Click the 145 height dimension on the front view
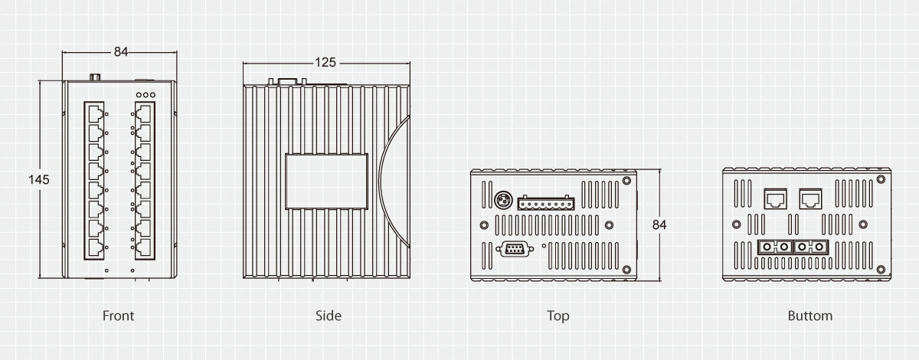pyautogui.click(x=39, y=180)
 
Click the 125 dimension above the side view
pyautogui.click(x=325, y=62)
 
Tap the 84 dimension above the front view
pyautogui.click(x=121, y=52)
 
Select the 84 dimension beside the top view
pyautogui.click(x=659, y=225)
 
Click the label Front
pyautogui.click(x=118, y=316)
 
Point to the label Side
pyautogui.click(x=329, y=316)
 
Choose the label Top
pyautogui.click(x=558, y=316)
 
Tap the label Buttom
pyautogui.click(x=810, y=316)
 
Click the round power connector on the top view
pyautogui.click(x=503, y=201)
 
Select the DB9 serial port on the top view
pyautogui.click(x=515, y=249)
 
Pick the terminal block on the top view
pyautogui.click(x=545, y=203)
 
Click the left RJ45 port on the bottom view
pyautogui.click(x=775, y=199)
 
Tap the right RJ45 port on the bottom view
pyautogui.click(x=811, y=199)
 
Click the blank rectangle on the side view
pyautogui.click(x=326, y=182)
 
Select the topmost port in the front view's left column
pyautogui.click(x=95, y=113)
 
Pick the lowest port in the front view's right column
pyautogui.click(x=144, y=247)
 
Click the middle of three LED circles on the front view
pyautogui.click(x=146, y=95)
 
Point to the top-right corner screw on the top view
pyautogui.click(x=626, y=181)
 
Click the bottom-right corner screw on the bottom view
pyautogui.click(x=881, y=270)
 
